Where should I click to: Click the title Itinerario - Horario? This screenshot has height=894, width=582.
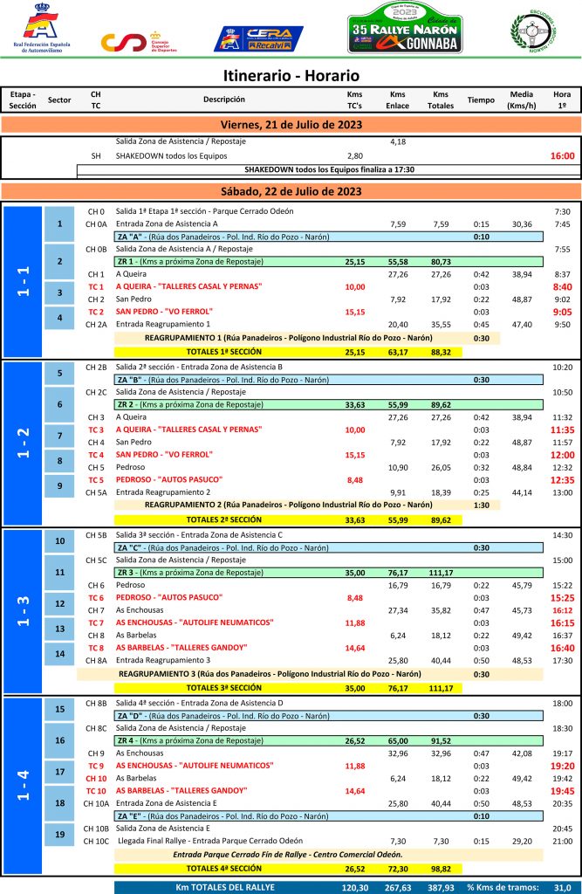(x=291, y=76)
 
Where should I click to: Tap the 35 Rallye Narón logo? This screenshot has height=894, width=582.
(x=404, y=28)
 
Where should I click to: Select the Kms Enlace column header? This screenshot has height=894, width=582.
(x=398, y=100)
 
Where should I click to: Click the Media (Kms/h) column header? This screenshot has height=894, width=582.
(x=522, y=100)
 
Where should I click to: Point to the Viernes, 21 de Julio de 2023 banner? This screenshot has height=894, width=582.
(x=291, y=125)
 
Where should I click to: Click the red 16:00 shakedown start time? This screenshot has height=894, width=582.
(x=562, y=156)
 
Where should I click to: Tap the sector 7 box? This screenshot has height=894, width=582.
(x=59, y=436)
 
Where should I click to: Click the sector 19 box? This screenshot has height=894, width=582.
(x=59, y=835)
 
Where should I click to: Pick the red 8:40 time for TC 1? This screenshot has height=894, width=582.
(x=562, y=286)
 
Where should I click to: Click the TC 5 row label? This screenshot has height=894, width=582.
(x=96, y=479)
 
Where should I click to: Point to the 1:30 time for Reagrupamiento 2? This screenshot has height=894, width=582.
(x=480, y=505)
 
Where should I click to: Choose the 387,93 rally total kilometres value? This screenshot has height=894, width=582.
(x=441, y=887)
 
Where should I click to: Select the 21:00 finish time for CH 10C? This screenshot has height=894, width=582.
(x=562, y=841)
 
